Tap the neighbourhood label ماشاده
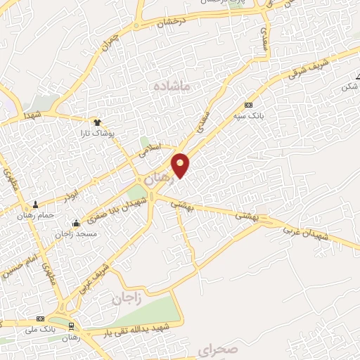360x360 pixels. point(172,86)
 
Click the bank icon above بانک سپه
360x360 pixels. point(248,104)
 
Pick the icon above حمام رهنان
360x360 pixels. point(35,205)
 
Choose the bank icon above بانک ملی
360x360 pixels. point(40,319)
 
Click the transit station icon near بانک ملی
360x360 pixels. point(71,326)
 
